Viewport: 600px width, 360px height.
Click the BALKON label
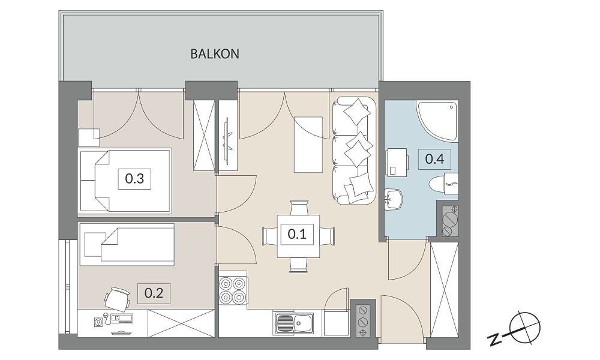[x=215, y=54]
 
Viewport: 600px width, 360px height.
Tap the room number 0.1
[x=297, y=234]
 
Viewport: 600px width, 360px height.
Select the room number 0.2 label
[x=154, y=293]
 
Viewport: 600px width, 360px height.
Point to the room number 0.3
[x=134, y=178]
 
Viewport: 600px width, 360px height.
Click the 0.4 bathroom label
[x=434, y=158]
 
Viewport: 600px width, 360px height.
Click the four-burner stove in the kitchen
[x=232, y=290]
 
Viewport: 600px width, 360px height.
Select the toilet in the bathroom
[x=443, y=184]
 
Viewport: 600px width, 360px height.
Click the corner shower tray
[x=437, y=120]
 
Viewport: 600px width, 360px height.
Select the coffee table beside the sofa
[x=308, y=145]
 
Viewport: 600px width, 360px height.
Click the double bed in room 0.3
[x=125, y=181]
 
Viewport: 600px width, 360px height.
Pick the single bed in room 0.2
[x=127, y=244]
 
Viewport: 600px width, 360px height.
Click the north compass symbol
[x=525, y=327]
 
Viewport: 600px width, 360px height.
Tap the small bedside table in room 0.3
[x=89, y=137]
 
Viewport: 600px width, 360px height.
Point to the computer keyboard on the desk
[x=122, y=318]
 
